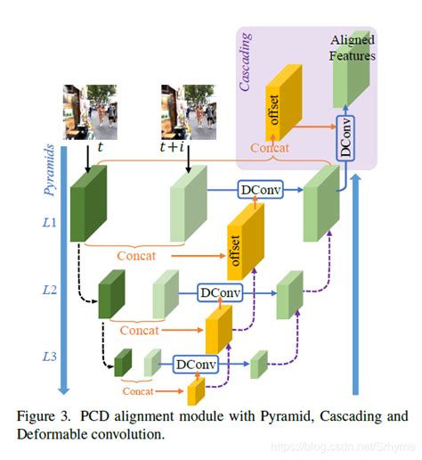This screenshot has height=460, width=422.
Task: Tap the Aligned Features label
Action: [353, 48]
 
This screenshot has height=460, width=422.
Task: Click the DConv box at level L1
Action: [258, 189]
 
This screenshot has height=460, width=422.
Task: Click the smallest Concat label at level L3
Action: [137, 390]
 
